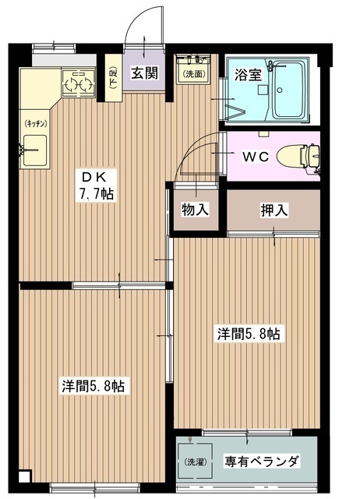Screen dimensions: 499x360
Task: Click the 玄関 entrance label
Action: click(x=143, y=74)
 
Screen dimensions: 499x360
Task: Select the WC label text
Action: click(x=255, y=156)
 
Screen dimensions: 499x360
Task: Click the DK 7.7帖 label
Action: click(x=97, y=185)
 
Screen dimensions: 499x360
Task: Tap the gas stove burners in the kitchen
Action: click(x=77, y=82)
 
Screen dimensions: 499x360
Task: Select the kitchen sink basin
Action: click(x=35, y=149)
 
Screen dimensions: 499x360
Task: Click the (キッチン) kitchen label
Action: click(x=36, y=122)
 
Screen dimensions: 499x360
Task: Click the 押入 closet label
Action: click(x=272, y=210)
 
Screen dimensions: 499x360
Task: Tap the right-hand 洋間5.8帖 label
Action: click(x=248, y=334)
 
